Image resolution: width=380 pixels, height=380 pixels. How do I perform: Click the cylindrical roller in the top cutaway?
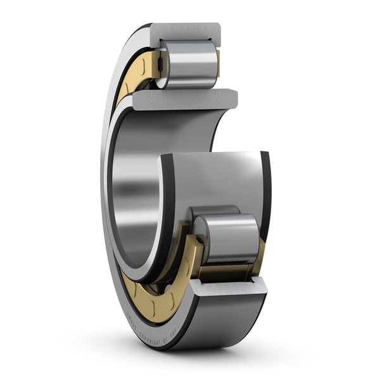[x=188, y=63]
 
